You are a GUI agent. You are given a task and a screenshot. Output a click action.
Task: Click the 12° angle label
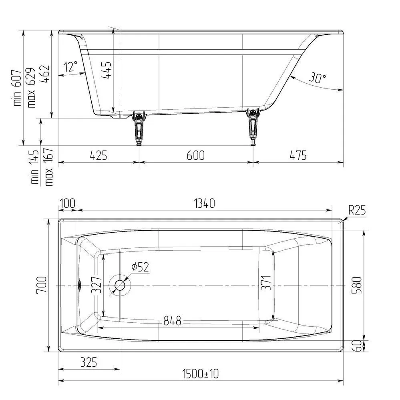(x=70, y=66)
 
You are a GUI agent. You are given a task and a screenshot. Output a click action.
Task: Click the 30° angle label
(x=318, y=77)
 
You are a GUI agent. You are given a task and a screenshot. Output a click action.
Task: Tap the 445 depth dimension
(x=107, y=70)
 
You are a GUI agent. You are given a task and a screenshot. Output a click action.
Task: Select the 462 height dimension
(x=44, y=74)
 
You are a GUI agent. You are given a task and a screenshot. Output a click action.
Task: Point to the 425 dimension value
(x=98, y=155)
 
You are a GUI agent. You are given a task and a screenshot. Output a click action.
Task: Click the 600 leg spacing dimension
(x=196, y=155)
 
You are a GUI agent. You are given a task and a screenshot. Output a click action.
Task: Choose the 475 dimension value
(x=298, y=155)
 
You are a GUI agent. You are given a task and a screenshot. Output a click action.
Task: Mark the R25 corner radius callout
(x=357, y=210)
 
